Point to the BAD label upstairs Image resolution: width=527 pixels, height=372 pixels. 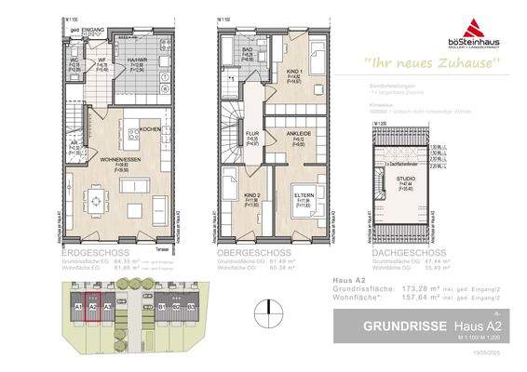(249, 51)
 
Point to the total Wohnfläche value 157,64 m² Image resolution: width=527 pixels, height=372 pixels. (427, 299)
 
